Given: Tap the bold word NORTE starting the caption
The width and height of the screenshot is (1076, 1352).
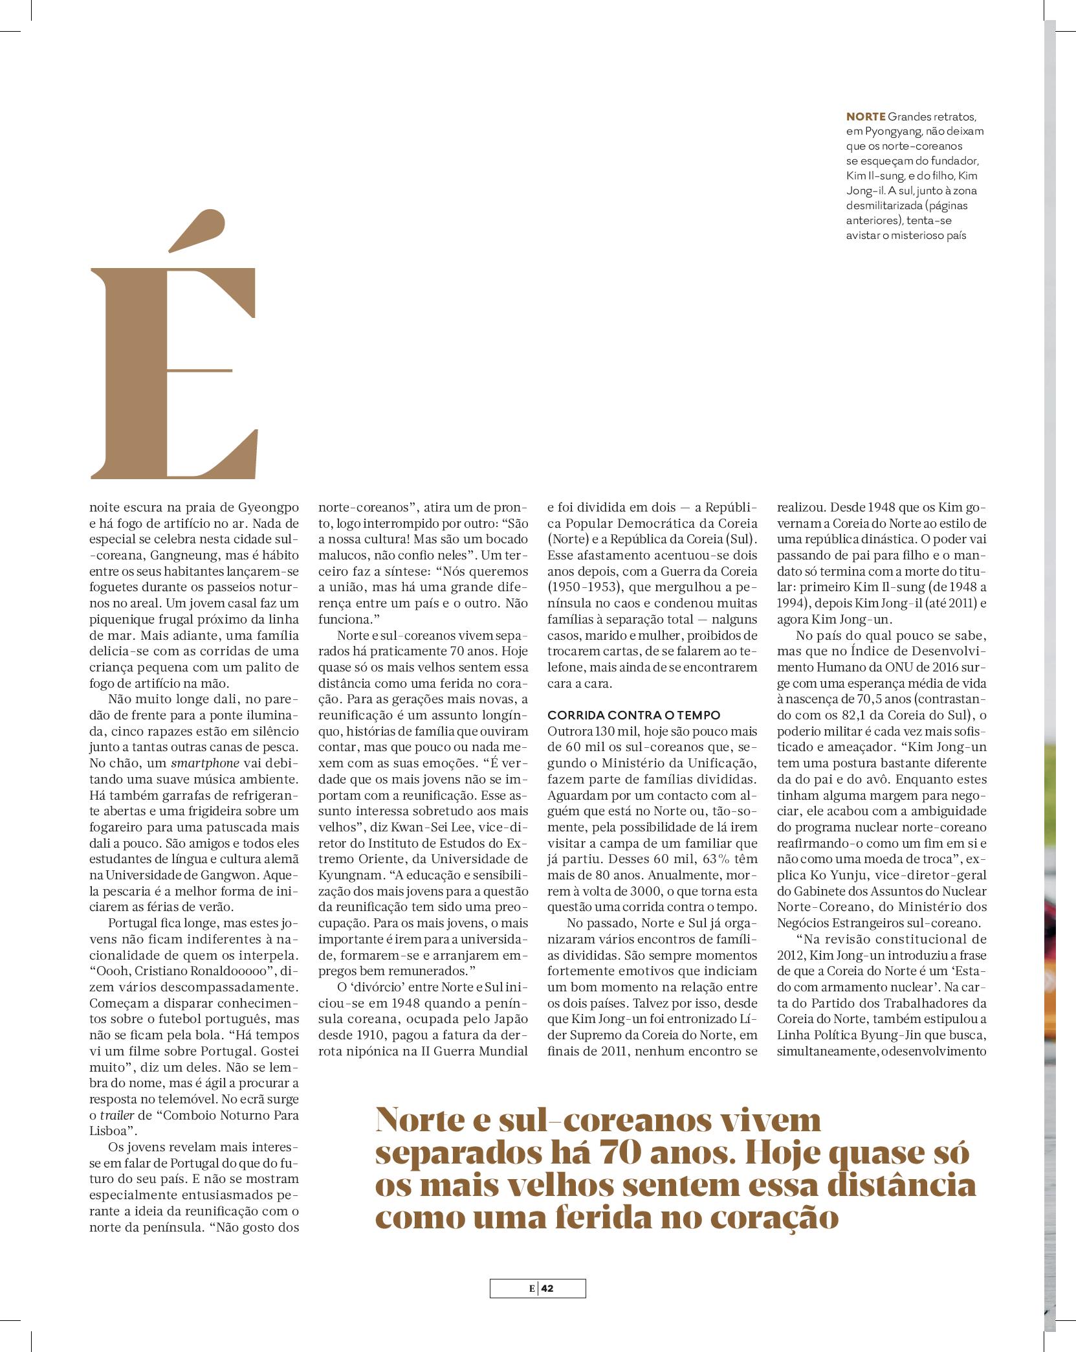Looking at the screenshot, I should [x=866, y=117].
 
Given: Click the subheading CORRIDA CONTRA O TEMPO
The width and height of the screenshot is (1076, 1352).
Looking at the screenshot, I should [x=633, y=715].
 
